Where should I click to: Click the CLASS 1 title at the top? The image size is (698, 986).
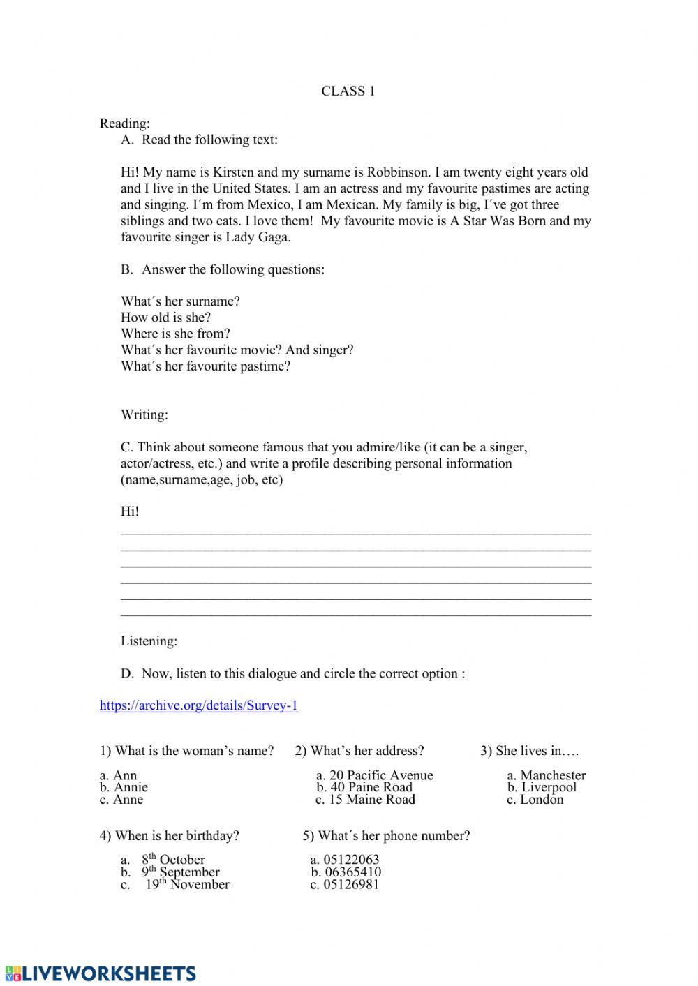click(x=348, y=91)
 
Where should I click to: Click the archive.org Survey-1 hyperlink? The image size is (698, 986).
click(x=198, y=705)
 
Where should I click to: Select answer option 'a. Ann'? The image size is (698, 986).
click(x=118, y=775)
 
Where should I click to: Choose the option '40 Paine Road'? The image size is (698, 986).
click(x=364, y=787)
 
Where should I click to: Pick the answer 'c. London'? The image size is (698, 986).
click(x=535, y=800)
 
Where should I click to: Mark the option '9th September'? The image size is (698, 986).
click(x=180, y=872)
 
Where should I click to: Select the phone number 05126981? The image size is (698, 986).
click(x=344, y=885)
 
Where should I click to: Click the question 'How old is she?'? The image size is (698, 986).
click(x=165, y=318)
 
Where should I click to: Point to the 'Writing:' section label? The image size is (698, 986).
click(x=144, y=415)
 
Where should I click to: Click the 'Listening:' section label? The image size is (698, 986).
click(x=149, y=641)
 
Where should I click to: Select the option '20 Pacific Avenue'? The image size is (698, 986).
click(x=374, y=775)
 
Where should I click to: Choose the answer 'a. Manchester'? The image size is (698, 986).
click(x=546, y=775)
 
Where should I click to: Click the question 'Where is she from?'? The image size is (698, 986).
click(x=175, y=334)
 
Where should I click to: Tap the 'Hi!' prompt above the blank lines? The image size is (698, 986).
click(x=130, y=511)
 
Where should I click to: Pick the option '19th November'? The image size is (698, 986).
click(x=186, y=885)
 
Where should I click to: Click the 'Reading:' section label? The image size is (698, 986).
click(x=125, y=124)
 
